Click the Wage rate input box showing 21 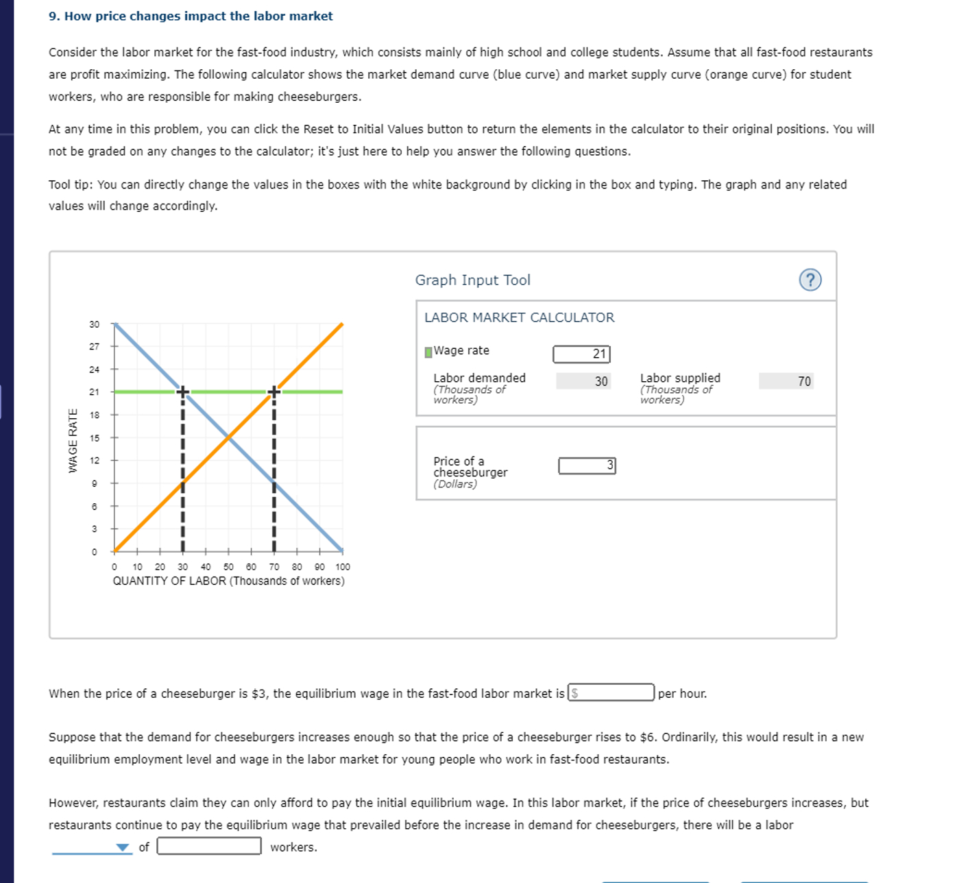581,354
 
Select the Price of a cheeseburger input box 587,465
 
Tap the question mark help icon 810,280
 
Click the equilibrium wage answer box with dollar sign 611,693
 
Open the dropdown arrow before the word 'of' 122,847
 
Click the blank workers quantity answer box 209,847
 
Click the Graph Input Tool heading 472,280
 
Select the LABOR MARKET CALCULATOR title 519,317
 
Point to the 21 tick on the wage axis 95,392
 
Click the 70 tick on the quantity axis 274,567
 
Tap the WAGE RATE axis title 73,440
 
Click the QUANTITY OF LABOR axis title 228,581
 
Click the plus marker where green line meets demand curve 183,391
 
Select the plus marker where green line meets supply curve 274,391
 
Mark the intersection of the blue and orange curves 228,437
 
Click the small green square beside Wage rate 428,352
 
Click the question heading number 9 54,16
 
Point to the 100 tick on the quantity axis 343,567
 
